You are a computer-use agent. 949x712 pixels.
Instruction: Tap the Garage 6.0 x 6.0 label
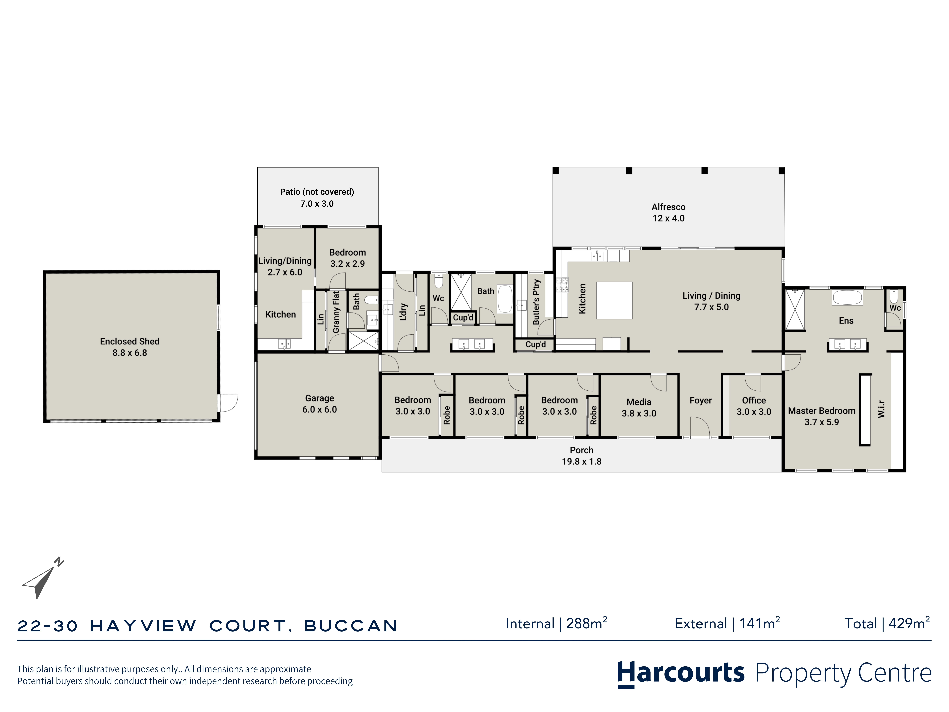pyautogui.click(x=320, y=404)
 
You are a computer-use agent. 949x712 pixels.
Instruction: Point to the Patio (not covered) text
pyautogui.click(x=317, y=192)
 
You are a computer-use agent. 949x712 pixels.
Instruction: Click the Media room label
pyautogui.click(x=639, y=408)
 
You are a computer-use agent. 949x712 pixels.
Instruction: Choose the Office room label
pyautogui.click(x=754, y=406)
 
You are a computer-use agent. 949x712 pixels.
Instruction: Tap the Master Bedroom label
pyautogui.click(x=822, y=416)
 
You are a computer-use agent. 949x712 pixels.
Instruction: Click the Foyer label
pyautogui.click(x=701, y=400)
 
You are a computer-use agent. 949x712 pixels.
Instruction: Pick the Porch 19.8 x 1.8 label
pyautogui.click(x=582, y=456)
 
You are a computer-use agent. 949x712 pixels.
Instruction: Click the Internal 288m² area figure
pyautogui.click(x=556, y=623)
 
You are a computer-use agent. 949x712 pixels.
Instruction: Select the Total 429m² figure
pyautogui.click(x=887, y=623)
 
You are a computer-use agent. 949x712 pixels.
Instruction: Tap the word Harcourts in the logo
pyautogui.click(x=681, y=673)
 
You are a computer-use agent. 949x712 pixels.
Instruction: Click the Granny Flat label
pyautogui.click(x=336, y=312)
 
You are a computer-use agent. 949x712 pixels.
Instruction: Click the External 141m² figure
pyautogui.click(x=727, y=623)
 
